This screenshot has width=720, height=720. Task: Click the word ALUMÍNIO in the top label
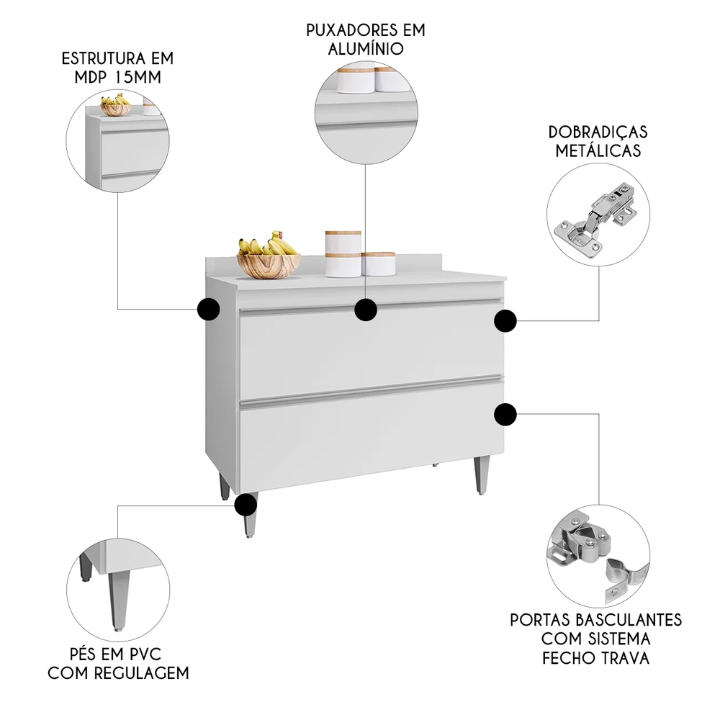(365, 49)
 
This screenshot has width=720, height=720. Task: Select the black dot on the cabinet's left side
(208, 309)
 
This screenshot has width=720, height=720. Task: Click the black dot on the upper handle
(366, 310)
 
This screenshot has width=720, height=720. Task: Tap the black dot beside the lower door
(505, 414)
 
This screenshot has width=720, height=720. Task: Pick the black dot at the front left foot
(246, 504)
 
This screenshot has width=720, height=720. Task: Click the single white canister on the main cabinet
(379, 264)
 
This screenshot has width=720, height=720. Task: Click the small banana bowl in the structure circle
(115, 107)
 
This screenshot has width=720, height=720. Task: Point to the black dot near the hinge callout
(505, 321)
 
